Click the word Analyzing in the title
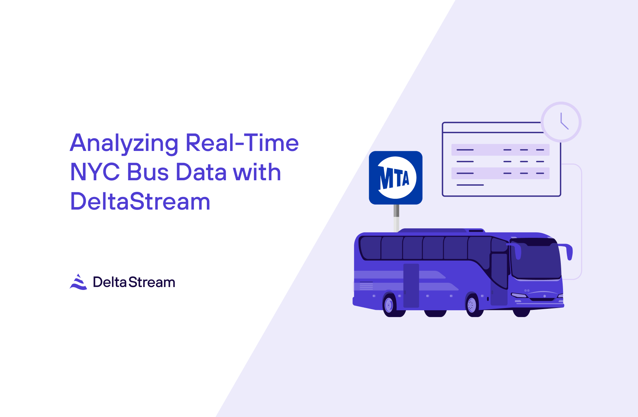coord(124,143)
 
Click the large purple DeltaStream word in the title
coord(140,202)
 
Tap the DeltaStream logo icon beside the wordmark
coord(78,282)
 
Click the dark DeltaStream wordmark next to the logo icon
coord(134,282)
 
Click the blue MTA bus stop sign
coord(396,178)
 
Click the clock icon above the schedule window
coord(561,122)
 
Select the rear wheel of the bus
coord(389,306)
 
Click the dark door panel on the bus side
coord(411,286)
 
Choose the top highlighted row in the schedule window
coord(500,150)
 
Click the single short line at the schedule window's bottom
coord(470,185)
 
